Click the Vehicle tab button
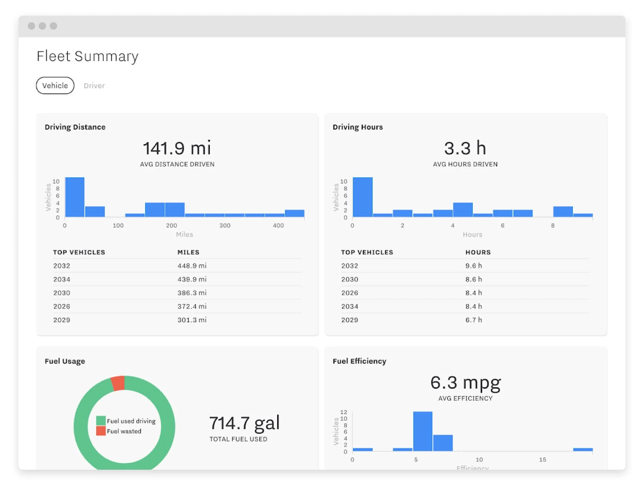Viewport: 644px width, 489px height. pos(55,86)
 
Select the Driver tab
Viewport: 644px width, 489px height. pos(94,86)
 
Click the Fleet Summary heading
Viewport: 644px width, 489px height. pos(87,56)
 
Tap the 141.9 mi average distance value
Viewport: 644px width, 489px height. pos(177,148)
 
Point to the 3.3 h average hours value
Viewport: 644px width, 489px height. pos(465,148)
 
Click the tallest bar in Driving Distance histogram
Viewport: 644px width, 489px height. pos(75,197)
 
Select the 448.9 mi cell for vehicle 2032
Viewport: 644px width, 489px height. pos(192,266)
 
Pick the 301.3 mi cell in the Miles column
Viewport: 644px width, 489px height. pos(192,320)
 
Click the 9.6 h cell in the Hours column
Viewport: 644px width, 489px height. pos(473,266)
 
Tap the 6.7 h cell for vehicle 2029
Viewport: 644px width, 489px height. pos(473,320)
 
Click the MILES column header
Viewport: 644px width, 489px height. pos(188,252)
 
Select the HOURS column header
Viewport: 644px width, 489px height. pos(478,252)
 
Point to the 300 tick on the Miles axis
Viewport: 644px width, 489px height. pos(225,225)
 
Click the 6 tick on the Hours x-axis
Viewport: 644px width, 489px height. pos(502,225)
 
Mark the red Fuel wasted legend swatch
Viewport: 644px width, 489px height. pos(101,431)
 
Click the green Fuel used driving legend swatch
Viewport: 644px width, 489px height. pos(101,420)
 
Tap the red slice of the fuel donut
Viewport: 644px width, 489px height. pos(118,383)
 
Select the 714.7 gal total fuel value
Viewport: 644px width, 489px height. pos(244,423)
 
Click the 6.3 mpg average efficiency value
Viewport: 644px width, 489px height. pos(465,383)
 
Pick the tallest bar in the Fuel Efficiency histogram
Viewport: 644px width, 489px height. pos(423,431)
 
